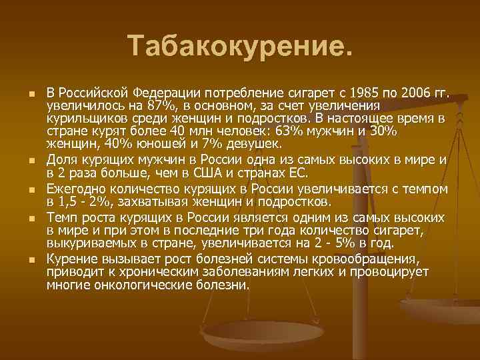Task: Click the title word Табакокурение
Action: pyautogui.click(x=239, y=46)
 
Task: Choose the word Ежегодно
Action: pyautogui.click(x=73, y=189)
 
